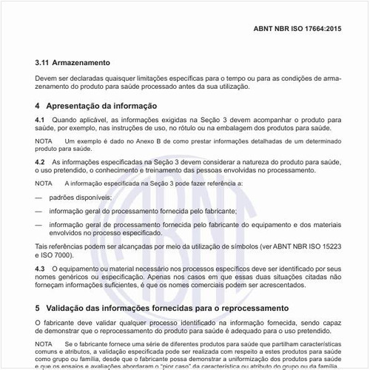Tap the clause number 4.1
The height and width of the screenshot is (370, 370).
click(40, 120)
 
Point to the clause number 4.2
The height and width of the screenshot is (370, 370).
click(40, 162)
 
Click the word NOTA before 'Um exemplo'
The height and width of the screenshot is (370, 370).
click(44, 141)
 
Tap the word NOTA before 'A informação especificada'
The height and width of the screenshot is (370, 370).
click(44, 183)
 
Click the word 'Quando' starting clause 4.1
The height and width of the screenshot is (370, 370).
click(66, 120)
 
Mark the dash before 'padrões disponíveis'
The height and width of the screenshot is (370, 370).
click(38, 198)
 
